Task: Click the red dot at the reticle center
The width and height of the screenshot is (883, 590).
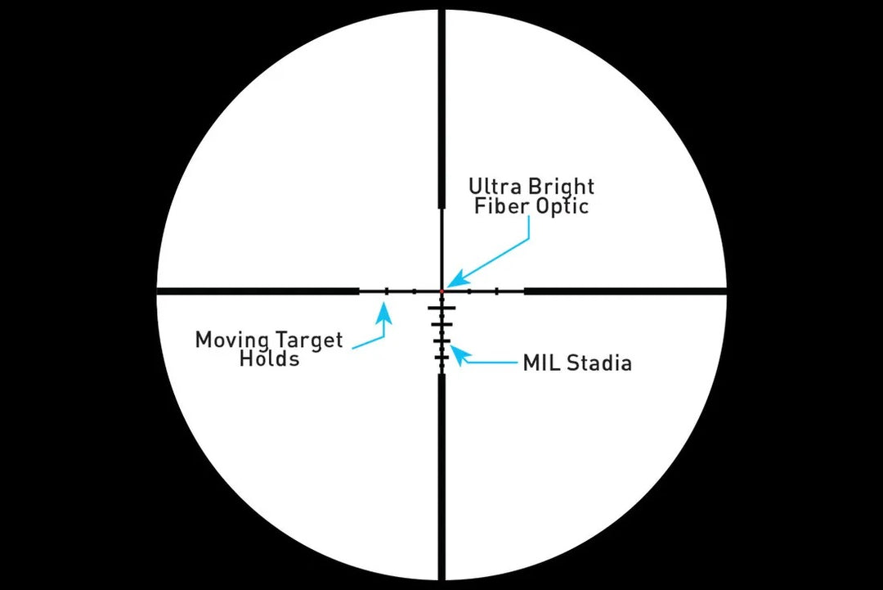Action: (x=441, y=290)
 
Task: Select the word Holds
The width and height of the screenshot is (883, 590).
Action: (x=269, y=358)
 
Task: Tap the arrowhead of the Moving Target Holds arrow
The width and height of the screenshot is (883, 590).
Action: (x=387, y=308)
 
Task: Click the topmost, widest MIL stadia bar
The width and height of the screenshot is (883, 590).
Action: (x=441, y=308)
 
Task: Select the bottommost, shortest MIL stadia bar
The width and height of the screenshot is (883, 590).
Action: (x=441, y=359)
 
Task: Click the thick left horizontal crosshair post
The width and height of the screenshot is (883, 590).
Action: (x=258, y=290)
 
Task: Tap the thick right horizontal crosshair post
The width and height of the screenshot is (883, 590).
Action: (x=625, y=290)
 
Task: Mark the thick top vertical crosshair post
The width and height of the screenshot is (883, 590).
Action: (x=441, y=106)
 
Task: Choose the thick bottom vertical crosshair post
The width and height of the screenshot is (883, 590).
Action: (x=441, y=475)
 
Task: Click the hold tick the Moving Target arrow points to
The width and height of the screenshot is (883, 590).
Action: (x=387, y=290)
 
